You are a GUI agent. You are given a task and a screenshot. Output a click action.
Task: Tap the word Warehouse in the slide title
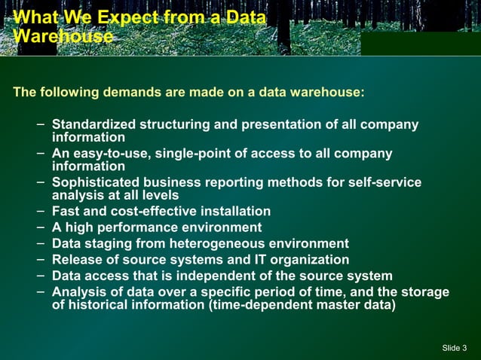pyautogui.click(x=63, y=36)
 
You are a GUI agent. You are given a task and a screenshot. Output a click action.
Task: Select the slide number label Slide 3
pyautogui.click(x=455, y=347)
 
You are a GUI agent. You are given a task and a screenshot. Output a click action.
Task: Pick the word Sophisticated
pyautogui.click(x=97, y=182)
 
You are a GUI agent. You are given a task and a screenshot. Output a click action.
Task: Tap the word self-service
pyautogui.click(x=381, y=182)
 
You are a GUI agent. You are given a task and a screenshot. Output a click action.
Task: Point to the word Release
pyautogui.click(x=76, y=260)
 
